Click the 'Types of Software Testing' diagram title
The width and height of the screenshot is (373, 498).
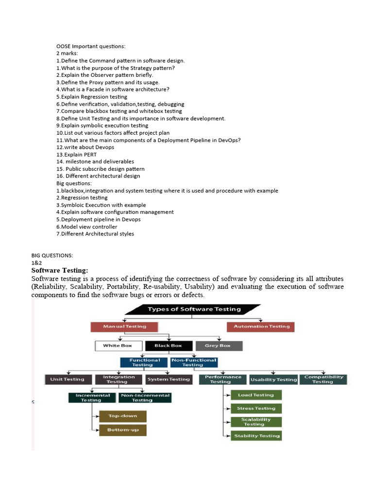(194, 309)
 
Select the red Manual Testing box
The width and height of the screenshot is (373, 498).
(125, 326)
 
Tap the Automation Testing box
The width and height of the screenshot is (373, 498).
(261, 326)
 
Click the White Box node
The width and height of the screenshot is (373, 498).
(118, 346)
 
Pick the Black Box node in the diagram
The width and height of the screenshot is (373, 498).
(168, 346)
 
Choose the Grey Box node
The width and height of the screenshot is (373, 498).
(218, 346)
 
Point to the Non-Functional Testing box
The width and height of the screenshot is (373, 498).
(193, 362)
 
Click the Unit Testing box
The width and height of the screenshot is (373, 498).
(67, 379)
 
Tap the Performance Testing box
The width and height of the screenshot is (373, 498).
(223, 379)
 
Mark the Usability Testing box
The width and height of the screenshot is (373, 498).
(273, 379)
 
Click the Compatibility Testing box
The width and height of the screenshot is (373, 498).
(323, 379)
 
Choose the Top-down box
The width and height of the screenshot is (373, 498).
(122, 416)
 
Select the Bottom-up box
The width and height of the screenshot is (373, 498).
(122, 430)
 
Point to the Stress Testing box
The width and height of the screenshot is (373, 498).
(256, 409)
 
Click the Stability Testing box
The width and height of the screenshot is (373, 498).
(256, 436)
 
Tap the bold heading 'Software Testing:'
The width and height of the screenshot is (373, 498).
(60, 270)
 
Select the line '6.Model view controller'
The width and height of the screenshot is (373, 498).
(86, 227)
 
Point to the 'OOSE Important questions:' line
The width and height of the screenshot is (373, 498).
(91, 46)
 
